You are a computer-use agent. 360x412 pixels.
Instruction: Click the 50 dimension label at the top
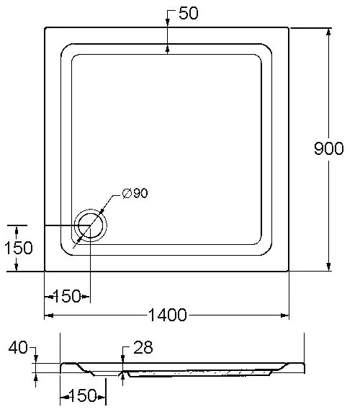coord(189,13)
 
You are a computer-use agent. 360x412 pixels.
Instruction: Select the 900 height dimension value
coord(329,148)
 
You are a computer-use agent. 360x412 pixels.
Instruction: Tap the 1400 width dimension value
coord(168,315)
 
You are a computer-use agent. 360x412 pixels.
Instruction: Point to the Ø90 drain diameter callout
coord(135,193)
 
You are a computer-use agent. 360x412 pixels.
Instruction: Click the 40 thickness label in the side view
coord(18,347)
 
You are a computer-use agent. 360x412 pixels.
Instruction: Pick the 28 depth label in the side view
coord(143,347)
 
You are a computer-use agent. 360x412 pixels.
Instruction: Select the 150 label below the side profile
coord(82,395)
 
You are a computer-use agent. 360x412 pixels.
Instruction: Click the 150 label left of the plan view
coord(19,248)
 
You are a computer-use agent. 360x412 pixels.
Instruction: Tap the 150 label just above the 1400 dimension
coord(67,296)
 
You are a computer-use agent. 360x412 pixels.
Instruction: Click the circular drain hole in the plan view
coord(91,225)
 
